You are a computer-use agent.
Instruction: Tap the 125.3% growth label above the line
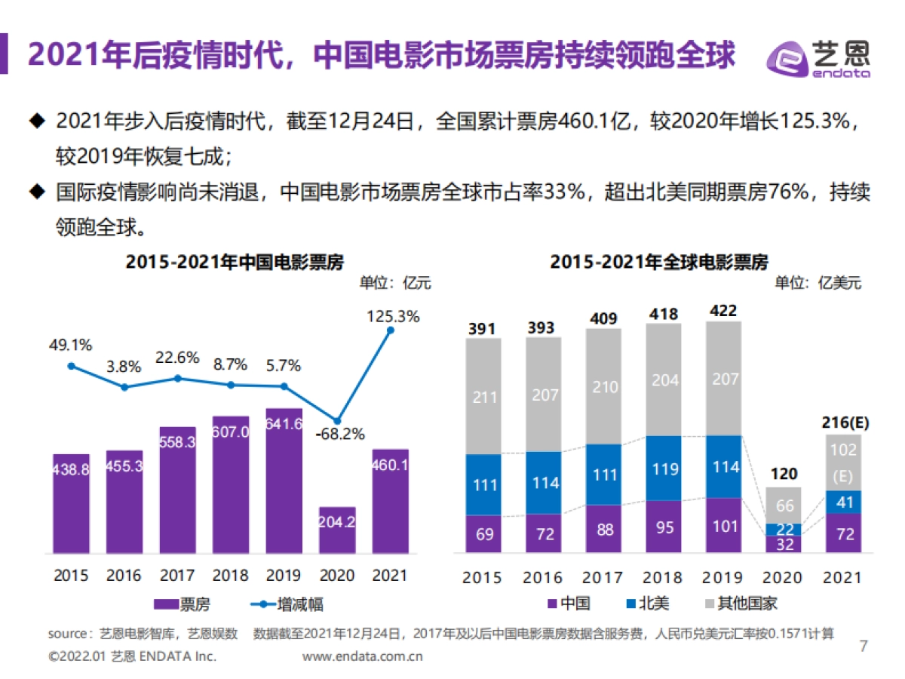click(x=392, y=316)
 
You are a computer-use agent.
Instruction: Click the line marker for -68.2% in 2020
click(x=337, y=420)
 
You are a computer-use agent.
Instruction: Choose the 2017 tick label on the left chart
click(x=177, y=576)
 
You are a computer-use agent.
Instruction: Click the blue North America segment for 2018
click(x=664, y=468)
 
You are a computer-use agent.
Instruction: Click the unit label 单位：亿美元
click(x=818, y=284)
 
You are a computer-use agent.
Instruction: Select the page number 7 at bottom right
click(x=864, y=646)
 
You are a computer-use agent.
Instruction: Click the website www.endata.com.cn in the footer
click(x=362, y=656)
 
